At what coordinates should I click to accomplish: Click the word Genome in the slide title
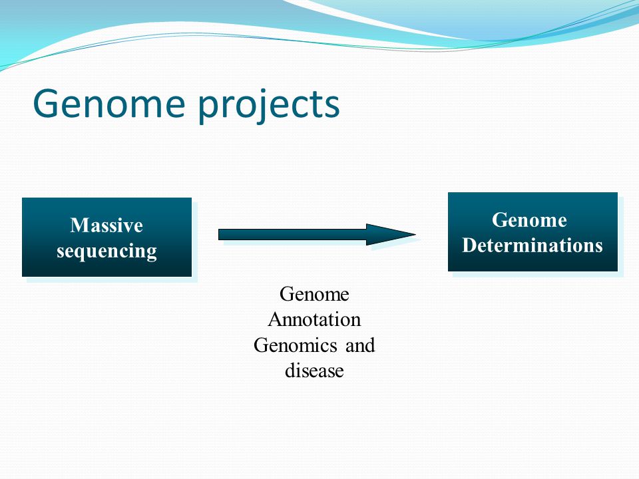tap(109, 104)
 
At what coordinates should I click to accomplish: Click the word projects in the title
tap(268, 106)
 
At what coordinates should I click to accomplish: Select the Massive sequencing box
tap(106, 237)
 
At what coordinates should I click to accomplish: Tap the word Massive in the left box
tap(106, 225)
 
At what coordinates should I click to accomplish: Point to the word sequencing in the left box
tap(106, 251)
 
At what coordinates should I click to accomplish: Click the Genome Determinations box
tap(532, 232)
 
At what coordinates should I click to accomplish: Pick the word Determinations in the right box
tap(532, 245)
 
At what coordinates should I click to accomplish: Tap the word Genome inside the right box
tap(529, 220)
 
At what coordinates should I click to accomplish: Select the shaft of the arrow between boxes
tap(292, 234)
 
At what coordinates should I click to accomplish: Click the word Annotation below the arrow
tap(314, 319)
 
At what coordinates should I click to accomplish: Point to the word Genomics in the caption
tap(295, 346)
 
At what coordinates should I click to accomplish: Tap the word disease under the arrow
tap(314, 371)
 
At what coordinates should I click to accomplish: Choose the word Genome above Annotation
tap(314, 294)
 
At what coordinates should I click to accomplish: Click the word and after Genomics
tap(360, 345)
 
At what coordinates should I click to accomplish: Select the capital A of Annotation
tap(276, 319)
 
